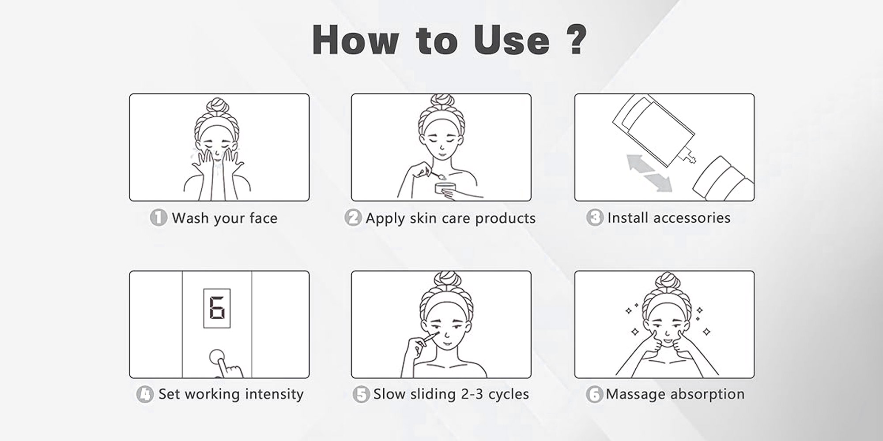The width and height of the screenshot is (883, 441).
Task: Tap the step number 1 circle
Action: [x=158, y=218]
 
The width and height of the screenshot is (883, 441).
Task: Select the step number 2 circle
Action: [x=353, y=218]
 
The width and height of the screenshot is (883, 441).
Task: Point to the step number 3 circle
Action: [x=595, y=218]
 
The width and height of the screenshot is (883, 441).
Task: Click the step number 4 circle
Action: [x=145, y=394]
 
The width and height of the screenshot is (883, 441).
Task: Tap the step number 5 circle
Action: [x=361, y=394]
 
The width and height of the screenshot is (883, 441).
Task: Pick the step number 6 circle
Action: [x=594, y=394]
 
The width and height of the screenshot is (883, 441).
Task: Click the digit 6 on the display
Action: [x=217, y=308]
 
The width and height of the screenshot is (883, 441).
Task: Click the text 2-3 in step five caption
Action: [x=472, y=394]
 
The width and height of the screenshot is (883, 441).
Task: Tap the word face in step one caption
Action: [x=263, y=218]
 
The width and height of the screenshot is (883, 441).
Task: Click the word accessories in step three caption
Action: [x=691, y=218]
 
